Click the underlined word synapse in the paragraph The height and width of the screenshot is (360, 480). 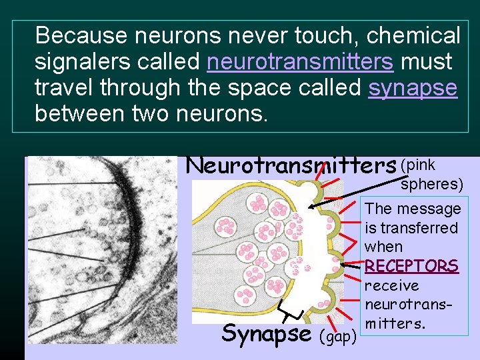click(413, 87)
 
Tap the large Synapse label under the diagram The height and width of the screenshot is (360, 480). click(266, 333)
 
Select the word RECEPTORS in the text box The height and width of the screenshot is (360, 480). click(411, 266)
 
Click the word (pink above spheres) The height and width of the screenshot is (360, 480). click(418, 165)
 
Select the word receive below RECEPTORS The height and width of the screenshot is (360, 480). click(392, 286)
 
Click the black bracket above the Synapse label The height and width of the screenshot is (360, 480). click(291, 309)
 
